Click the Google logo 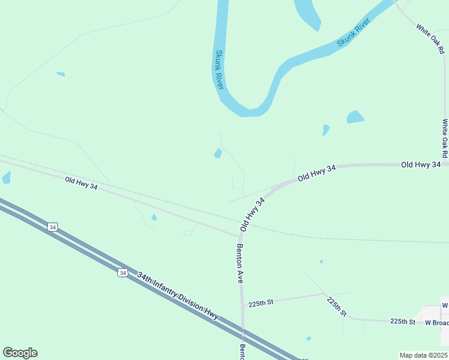[x=20, y=353]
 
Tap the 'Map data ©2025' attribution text [x=423, y=355]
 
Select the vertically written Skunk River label [x=219, y=70]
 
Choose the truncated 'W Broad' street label [x=436, y=323]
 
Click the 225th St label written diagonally [x=337, y=306]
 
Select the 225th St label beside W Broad [x=403, y=322]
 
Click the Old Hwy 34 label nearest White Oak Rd [x=421, y=164]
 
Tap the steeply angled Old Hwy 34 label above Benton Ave [x=253, y=215]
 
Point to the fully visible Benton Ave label [x=240, y=263]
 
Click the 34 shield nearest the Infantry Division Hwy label [x=122, y=272]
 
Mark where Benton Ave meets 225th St [x=243, y=305]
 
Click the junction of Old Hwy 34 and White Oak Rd [x=445, y=163]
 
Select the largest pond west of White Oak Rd [x=355, y=117]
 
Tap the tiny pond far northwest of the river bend [x=60, y=74]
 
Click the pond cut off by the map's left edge [x=6, y=177]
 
